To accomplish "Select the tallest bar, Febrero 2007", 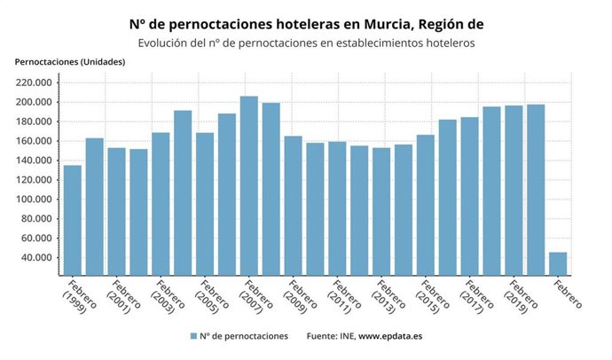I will point(249,185).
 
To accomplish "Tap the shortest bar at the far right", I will point(558,263).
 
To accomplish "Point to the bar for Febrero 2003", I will point(161,204).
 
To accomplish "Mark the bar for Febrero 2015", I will point(426,205).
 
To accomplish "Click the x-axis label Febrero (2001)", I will point(123,297).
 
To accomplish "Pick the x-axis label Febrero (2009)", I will point(300,297).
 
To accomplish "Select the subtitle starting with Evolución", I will point(306,43).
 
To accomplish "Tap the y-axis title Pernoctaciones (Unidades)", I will point(70,62).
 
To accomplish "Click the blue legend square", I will point(192,337).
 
